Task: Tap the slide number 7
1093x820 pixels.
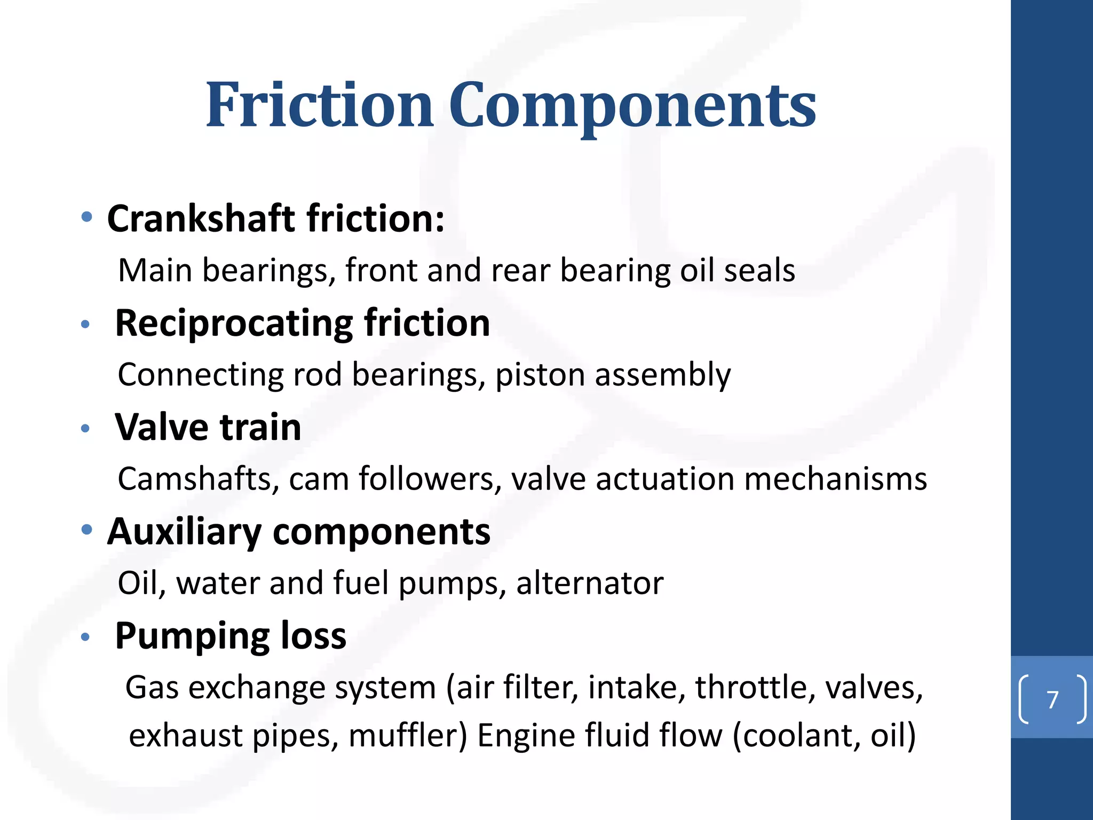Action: [x=1052, y=699]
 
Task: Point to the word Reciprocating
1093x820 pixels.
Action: [x=234, y=324]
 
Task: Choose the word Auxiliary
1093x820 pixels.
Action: [x=184, y=532]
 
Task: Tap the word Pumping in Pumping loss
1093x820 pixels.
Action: [x=193, y=636]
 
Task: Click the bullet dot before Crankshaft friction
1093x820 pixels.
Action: [x=86, y=217]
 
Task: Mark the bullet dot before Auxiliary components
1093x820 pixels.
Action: [x=86, y=530]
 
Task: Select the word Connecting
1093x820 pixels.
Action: [x=200, y=375]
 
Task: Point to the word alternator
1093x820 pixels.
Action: [x=590, y=583]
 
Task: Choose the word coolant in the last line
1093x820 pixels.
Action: [x=801, y=736]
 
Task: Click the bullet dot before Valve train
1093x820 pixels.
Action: [x=85, y=428]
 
